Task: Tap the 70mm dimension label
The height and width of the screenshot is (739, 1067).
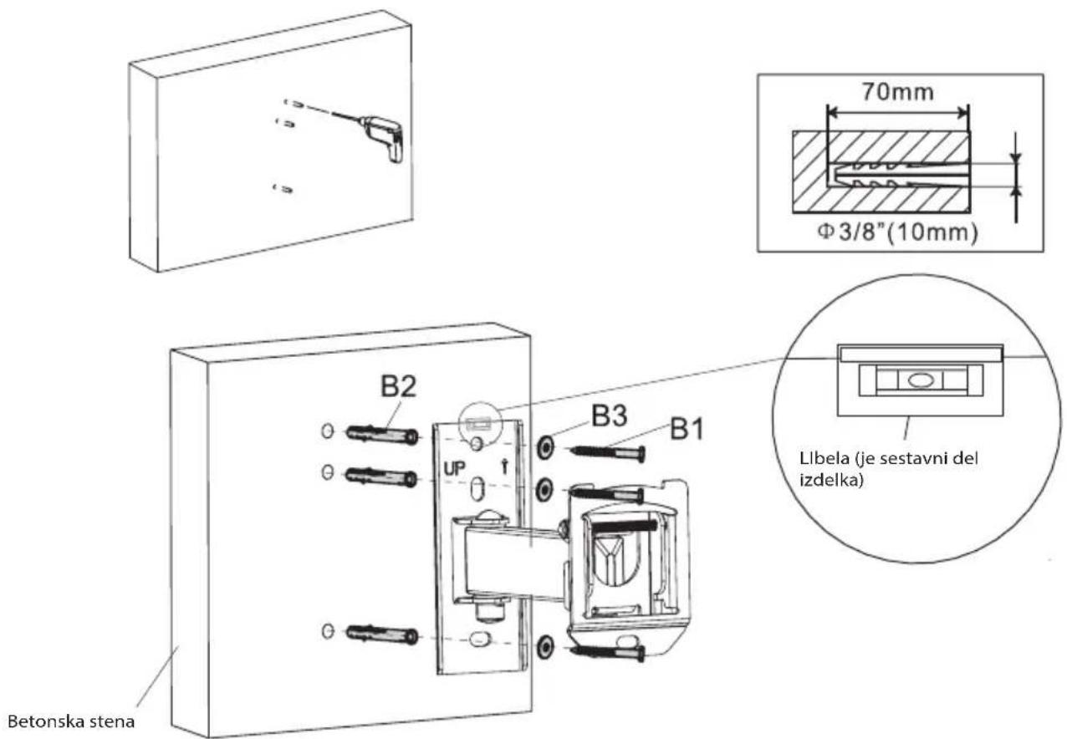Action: (897, 91)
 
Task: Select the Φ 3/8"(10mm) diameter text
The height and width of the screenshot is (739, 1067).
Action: (898, 232)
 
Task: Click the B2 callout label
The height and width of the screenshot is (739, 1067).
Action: (398, 386)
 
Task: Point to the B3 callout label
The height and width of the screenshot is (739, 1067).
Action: (610, 415)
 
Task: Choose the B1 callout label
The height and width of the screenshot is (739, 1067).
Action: (687, 429)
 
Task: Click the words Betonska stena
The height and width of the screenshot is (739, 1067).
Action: (71, 721)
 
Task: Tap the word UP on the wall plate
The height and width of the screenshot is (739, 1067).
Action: (454, 468)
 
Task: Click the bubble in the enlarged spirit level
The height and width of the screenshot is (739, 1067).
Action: (920, 380)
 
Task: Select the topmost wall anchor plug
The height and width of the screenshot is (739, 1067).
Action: (382, 434)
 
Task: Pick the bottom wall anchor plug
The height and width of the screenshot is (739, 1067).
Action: (382, 635)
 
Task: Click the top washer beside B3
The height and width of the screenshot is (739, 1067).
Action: (545, 447)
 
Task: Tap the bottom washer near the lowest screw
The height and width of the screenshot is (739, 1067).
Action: (545, 647)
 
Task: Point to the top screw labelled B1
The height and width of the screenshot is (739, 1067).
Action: (608, 452)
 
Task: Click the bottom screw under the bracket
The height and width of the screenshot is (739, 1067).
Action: (608, 652)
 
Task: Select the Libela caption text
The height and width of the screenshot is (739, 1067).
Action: (889, 468)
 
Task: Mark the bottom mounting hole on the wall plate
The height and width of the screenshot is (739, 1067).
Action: (478, 639)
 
